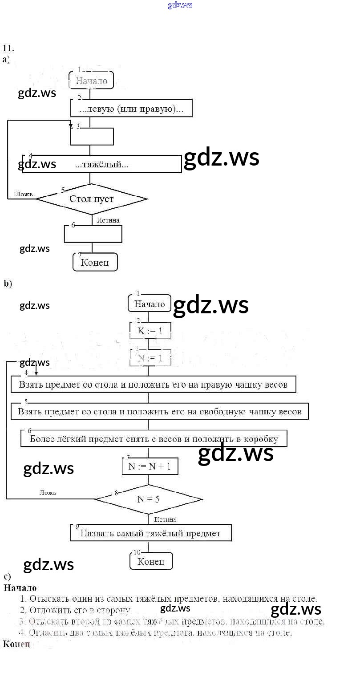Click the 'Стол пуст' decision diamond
(x=91, y=199)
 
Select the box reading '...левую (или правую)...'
(x=131, y=108)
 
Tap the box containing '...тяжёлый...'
(x=102, y=164)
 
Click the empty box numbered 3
(x=92, y=136)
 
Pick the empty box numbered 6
(x=93, y=234)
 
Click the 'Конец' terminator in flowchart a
(x=95, y=262)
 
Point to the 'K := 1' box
(x=150, y=331)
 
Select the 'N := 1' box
(x=150, y=358)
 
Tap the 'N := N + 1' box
(x=150, y=466)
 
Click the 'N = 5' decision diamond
(x=149, y=499)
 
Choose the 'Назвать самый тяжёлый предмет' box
(x=150, y=533)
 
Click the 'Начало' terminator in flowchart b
(x=150, y=304)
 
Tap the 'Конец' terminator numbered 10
(x=151, y=561)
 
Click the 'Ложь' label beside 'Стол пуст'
(x=24, y=194)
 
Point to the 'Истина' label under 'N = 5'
(x=165, y=519)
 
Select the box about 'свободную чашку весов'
(x=159, y=411)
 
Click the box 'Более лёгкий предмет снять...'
(x=154, y=439)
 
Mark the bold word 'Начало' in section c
(x=20, y=588)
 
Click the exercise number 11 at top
(x=8, y=49)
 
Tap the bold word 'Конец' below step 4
(x=16, y=644)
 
